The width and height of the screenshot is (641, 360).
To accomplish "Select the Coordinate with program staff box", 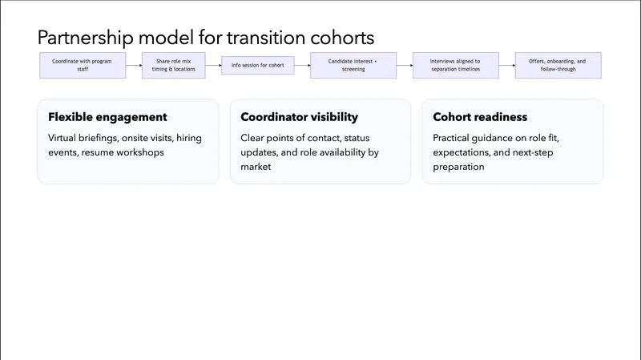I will [x=83, y=65].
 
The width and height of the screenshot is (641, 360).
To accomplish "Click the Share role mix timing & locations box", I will [x=173, y=65].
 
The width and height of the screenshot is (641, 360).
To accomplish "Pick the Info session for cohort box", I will [x=257, y=65].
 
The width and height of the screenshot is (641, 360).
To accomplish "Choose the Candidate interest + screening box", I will [x=352, y=65].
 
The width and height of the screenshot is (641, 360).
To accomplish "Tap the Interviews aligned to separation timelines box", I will [x=455, y=65].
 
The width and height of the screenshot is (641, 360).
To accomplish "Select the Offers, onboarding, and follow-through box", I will [x=558, y=65].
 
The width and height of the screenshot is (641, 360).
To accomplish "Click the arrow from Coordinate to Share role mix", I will [x=134, y=65].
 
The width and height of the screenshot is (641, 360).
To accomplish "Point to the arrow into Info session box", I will [x=212, y=65].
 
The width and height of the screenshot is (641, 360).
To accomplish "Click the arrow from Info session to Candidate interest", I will [x=301, y=65].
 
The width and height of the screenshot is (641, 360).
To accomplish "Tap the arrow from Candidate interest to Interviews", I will [x=402, y=65].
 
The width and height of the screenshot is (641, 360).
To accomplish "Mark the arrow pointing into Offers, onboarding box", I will [x=506, y=65].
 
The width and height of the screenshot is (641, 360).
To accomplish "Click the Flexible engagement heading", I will [x=107, y=117].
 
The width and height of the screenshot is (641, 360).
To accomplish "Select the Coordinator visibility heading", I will [x=299, y=117].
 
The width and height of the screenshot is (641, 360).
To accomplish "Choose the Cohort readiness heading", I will [x=480, y=117].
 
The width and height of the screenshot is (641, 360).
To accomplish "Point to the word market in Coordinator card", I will [x=257, y=167].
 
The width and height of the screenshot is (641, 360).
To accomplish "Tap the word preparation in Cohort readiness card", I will [x=458, y=167].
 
